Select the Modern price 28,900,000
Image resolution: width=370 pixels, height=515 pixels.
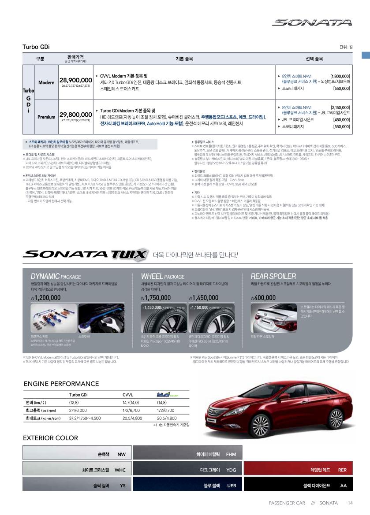(75, 80)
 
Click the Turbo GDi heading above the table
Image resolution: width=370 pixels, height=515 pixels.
(36, 47)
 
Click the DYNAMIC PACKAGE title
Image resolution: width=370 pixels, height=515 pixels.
(56, 277)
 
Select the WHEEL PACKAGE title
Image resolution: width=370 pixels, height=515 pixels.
(163, 277)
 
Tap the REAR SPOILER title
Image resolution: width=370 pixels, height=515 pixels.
(273, 277)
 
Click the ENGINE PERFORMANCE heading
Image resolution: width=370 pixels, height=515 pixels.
(61, 384)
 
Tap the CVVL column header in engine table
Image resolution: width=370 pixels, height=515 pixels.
(127, 395)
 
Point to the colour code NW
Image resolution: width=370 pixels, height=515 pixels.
(121, 454)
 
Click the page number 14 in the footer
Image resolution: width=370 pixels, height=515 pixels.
(350, 503)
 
